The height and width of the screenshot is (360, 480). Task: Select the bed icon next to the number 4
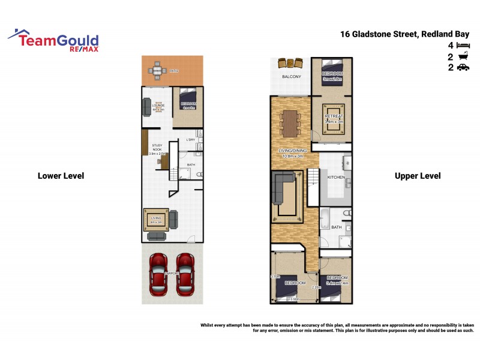[x=463, y=46]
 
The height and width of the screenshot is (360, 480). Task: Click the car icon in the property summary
[x=463, y=68]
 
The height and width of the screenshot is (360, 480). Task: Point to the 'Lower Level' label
[x=61, y=176]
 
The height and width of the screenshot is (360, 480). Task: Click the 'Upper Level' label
[x=418, y=176]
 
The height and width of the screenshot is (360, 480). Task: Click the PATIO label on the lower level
[x=174, y=71]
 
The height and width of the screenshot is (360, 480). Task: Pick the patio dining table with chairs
[x=157, y=71]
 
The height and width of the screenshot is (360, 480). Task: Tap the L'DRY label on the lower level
[x=191, y=140]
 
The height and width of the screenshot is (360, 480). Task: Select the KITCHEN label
[x=335, y=178]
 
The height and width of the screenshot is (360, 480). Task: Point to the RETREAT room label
[x=334, y=116]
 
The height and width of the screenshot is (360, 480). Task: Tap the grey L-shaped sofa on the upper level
[x=282, y=185]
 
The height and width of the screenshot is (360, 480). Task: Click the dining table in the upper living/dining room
[x=290, y=123]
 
